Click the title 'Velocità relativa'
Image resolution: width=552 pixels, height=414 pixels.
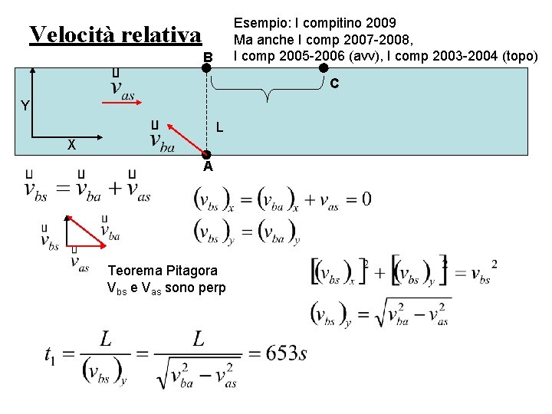click(x=115, y=34)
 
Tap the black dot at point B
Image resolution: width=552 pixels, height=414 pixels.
click(x=206, y=68)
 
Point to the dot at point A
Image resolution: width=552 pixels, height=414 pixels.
click(x=206, y=154)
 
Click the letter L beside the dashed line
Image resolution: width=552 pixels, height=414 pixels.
click(x=219, y=127)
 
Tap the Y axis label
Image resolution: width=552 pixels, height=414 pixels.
click(x=25, y=106)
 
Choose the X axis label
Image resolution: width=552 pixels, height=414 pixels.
click(x=71, y=145)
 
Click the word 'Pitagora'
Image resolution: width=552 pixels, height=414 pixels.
click(x=191, y=271)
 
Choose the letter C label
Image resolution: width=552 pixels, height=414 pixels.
click(x=335, y=82)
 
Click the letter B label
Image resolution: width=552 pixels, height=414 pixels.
click(x=207, y=57)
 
